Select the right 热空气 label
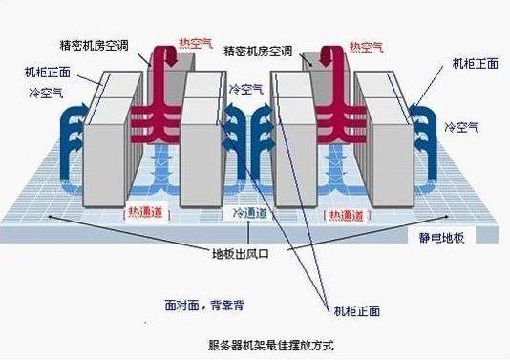tap(368, 46)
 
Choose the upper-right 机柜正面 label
tap(475, 64)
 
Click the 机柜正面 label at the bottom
tap(355, 310)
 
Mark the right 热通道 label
tap(346, 215)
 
